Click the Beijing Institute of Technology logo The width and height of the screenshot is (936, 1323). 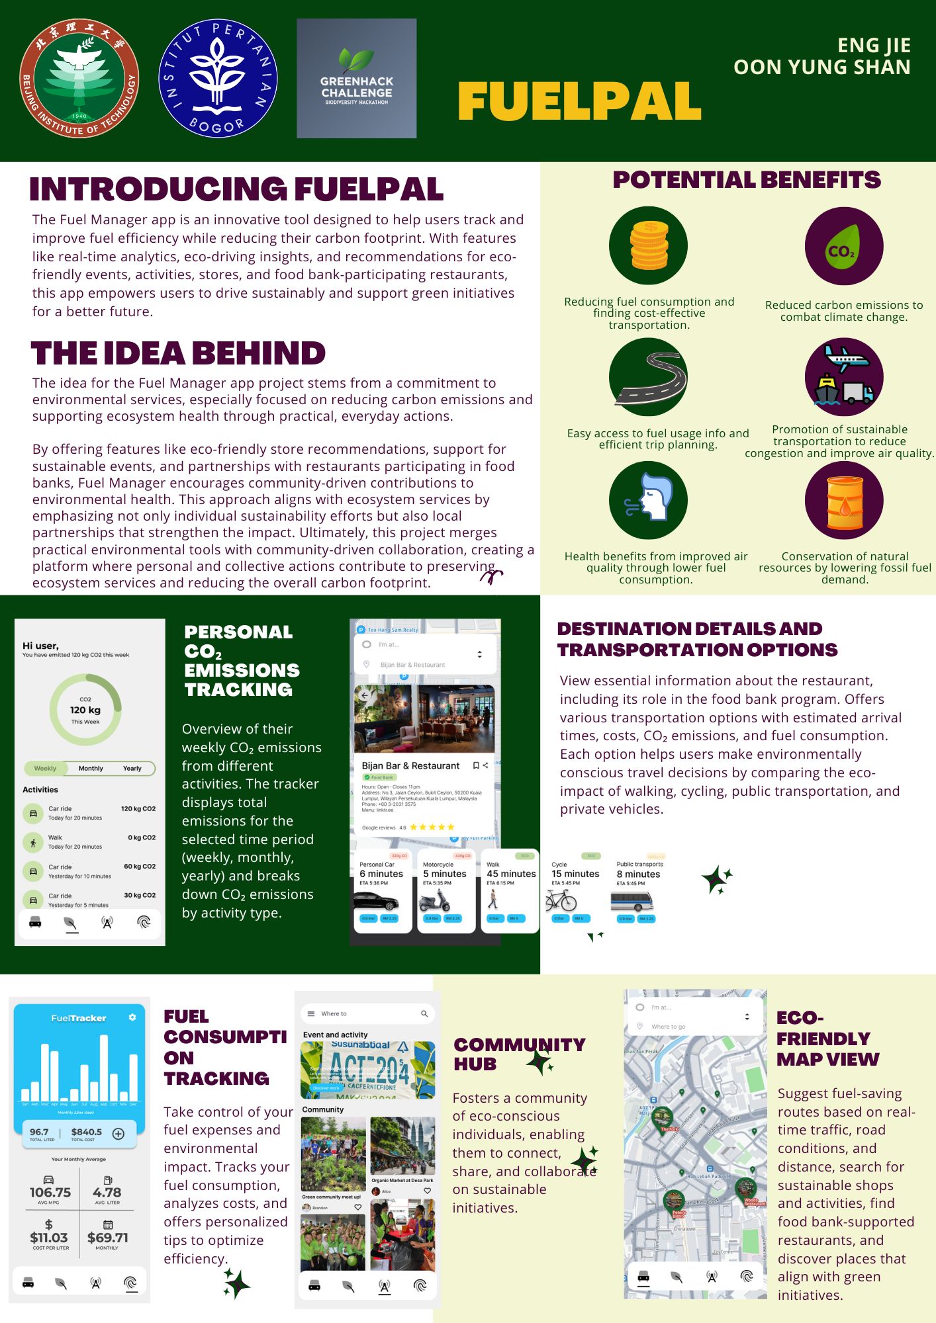(79, 78)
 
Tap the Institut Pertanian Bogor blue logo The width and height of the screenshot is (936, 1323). (218, 78)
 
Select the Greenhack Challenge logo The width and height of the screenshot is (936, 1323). (356, 78)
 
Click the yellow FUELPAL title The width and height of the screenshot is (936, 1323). (579, 102)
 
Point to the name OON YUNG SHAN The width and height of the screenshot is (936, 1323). (821, 67)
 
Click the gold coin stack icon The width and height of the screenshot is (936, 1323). (648, 245)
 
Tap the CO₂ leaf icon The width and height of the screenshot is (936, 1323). (843, 245)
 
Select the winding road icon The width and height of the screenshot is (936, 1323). (648, 377)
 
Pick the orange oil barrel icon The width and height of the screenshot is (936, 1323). (843, 501)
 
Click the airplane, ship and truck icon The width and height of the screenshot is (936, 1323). (843, 377)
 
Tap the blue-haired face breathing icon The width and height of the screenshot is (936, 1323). (648, 501)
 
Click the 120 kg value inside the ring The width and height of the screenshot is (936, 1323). (85, 710)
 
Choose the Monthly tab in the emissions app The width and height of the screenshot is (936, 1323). (91, 768)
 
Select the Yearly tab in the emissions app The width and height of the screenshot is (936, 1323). (132, 768)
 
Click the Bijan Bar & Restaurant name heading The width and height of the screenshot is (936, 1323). (410, 765)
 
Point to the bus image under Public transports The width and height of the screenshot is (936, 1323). (632, 901)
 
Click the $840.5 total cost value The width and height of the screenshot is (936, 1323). (87, 1132)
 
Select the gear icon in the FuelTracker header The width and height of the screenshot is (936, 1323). (132, 1017)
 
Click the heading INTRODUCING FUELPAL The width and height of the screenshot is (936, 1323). (236, 189)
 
